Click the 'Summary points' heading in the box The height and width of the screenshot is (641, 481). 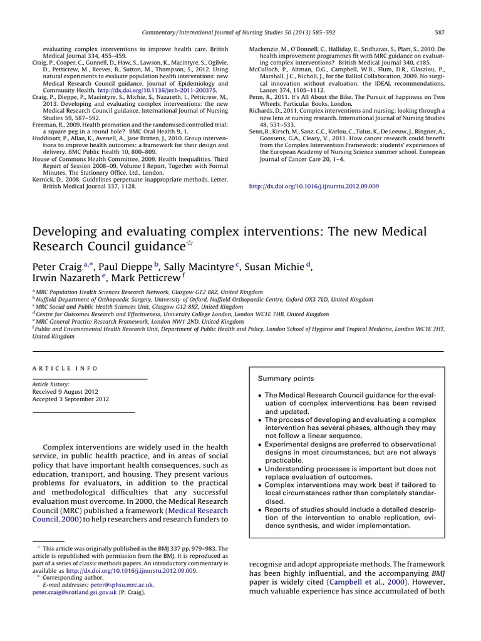coord(286,379)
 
